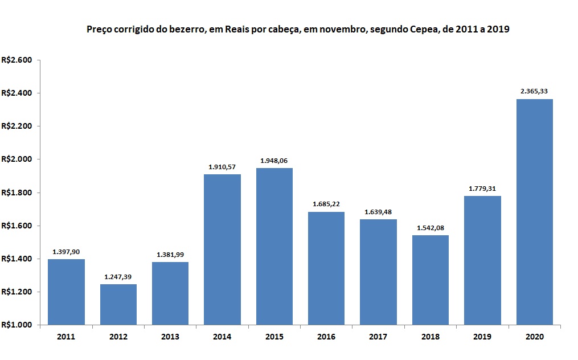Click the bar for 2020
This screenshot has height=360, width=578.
tap(534, 212)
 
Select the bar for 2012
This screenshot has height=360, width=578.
tap(118, 304)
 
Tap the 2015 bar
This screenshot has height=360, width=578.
tap(274, 246)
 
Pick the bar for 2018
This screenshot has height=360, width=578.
tap(431, 280)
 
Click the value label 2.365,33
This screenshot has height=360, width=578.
tap(534, 91)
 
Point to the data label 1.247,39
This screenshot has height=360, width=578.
tap(118, 277)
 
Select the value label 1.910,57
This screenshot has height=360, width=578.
tap(223, 166)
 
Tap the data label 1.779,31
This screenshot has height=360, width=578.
tap(482, 188)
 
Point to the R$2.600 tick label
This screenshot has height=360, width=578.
tap(17, 60)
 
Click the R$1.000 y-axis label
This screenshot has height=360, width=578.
tap(17, 325)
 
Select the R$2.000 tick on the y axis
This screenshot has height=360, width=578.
tap(17, 159)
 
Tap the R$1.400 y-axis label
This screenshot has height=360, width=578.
tap(17, 259)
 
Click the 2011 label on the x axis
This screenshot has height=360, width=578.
tap(66, 337)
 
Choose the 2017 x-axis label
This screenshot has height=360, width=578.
tap(378, 337)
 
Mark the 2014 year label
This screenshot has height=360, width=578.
tap(222, 337)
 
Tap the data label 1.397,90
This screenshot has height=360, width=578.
tap(67, 251)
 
